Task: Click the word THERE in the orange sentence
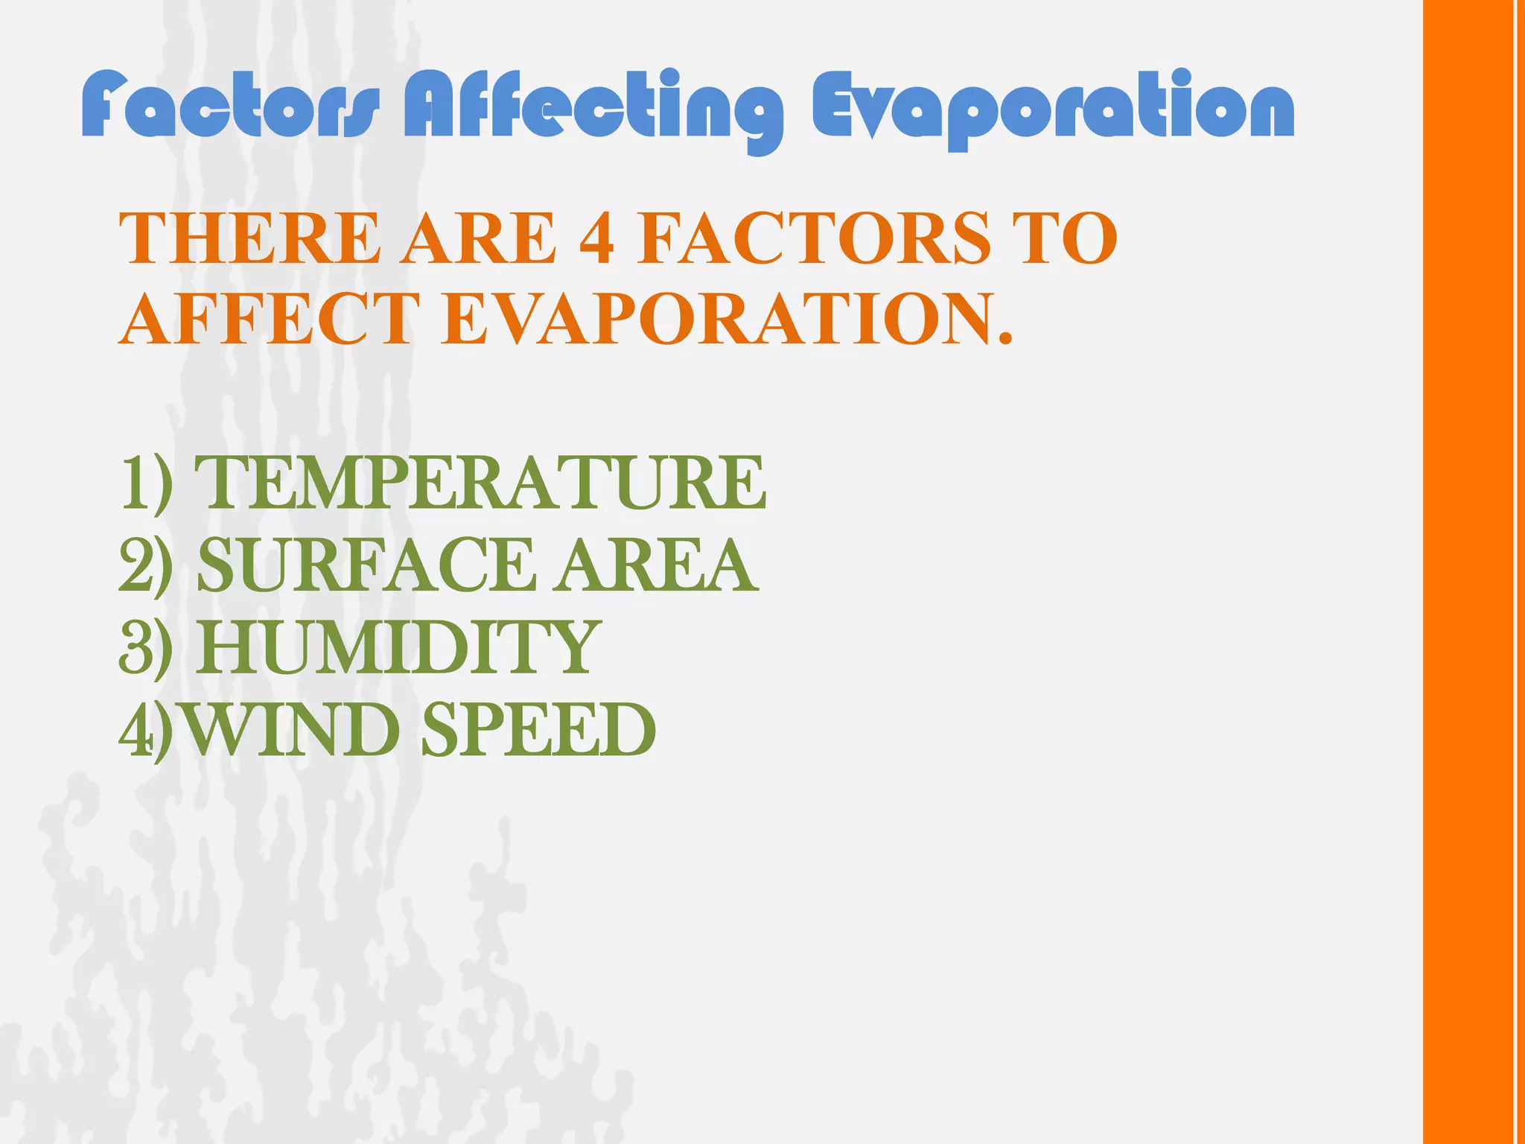[250, 238]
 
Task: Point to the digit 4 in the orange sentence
[596, 238]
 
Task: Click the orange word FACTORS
[815, 238]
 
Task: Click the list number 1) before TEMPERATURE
[146, 484]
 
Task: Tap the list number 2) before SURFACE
[146, 566]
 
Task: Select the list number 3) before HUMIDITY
[146, 648]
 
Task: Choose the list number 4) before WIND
[146, 730]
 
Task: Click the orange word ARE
[479, 238]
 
